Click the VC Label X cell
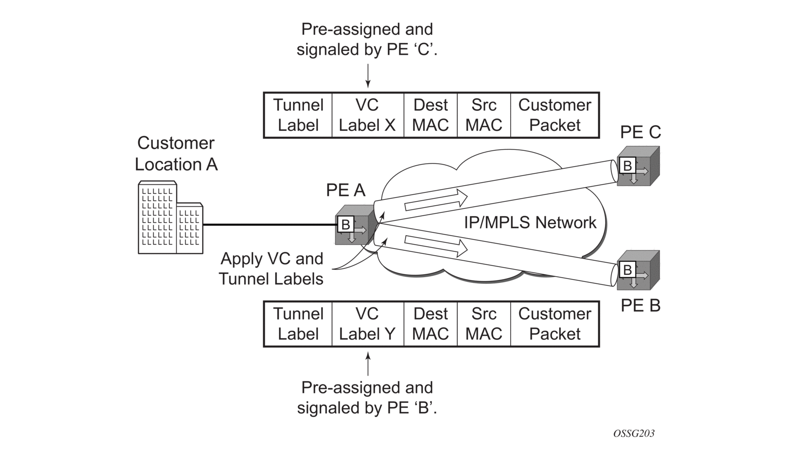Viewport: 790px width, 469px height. click(367, 115)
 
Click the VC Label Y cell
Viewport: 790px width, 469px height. click(367, 324)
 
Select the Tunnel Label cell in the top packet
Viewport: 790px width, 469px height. click(298, 115)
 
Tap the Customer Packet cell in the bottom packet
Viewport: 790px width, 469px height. click(554, 324)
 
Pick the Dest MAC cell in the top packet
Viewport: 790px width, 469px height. click(430, 115)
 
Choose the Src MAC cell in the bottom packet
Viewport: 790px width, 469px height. click(484, 324)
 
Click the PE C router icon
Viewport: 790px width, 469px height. click(637, 167)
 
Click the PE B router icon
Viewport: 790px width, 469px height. click(637, 270)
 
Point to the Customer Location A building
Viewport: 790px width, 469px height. click(170, 218)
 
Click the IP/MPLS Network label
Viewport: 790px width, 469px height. click(530, 222)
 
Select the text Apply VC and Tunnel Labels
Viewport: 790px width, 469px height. click(271, 269)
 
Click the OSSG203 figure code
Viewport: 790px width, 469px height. click(633, 433)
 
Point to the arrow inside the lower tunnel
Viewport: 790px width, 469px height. click(435, 245)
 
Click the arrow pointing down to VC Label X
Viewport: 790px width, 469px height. click(367, 76)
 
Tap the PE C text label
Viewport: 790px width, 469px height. click(640, 132)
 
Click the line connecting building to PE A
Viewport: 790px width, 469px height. click(269, 224)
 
